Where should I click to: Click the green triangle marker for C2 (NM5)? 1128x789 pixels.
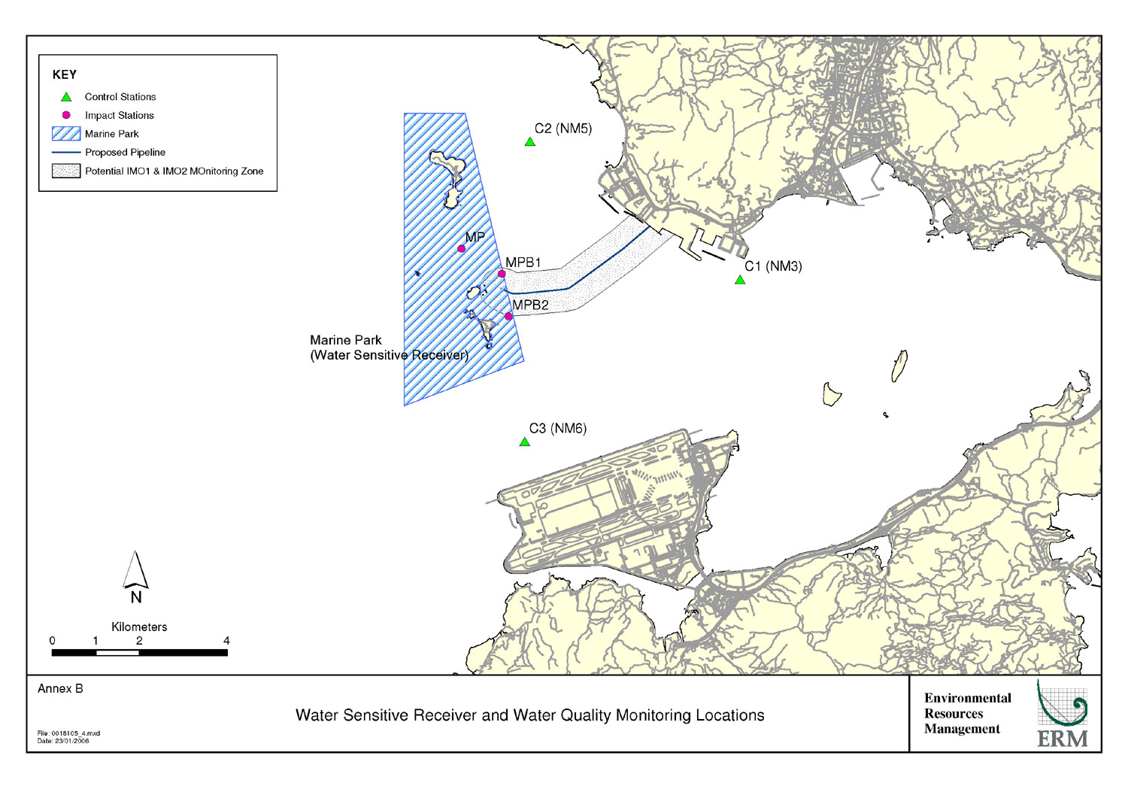click(530, 142)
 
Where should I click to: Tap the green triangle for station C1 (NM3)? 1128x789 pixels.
click(740, 281)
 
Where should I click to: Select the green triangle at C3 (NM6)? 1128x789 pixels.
click(524, 442)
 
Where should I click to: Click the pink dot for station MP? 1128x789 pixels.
click(462, 249)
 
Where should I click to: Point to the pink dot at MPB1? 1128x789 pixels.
click(502, 274)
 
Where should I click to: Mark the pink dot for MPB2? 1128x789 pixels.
click(508, 317)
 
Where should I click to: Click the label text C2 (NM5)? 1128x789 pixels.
click(563, 129)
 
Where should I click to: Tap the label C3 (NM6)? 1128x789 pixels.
click(557, 429)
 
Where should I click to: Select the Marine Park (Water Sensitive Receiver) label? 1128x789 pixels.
click(389, 347)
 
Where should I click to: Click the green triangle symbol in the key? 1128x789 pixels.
click(66, 97)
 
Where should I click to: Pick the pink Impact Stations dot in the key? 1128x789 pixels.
click(66, 115)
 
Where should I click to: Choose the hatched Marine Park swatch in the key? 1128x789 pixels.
click(66, 134)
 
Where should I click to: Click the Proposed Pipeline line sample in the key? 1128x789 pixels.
click(66, 152)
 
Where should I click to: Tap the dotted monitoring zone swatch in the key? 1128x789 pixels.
click(66, 171)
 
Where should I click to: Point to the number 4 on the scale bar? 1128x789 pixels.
click(226, 641)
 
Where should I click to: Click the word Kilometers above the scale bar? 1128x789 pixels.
click(139, 627)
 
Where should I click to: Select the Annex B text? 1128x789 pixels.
click(60, 689)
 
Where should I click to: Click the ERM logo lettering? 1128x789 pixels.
click(1062, 739)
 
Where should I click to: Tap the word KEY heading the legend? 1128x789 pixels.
click(65, 74)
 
